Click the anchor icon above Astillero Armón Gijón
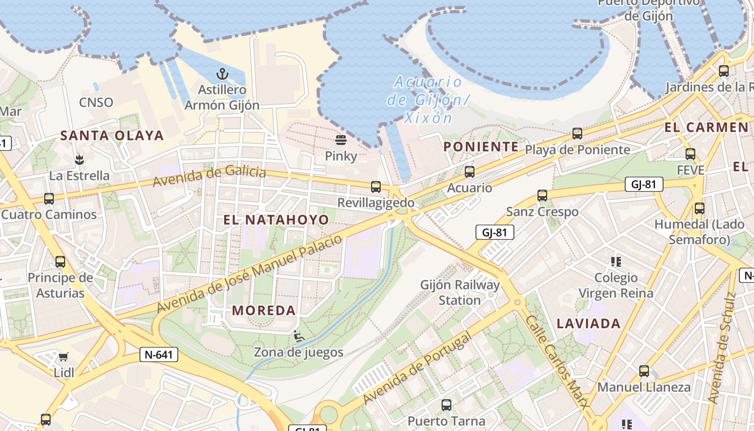(222, 74)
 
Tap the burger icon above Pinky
(340, 141)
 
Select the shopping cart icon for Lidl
(64, 357)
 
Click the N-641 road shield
(158, 354)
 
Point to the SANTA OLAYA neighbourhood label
(112, 135)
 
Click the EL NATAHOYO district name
(276, 220)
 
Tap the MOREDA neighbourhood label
(264, 310)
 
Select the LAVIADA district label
(589, 324)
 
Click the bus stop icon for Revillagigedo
(376, 187)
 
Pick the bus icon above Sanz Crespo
(542, 196)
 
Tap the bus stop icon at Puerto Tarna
(446, 405)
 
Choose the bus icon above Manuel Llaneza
(644, 371)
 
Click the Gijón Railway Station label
(460, 293)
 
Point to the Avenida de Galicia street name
(209, 176)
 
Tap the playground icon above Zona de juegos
(298, 337)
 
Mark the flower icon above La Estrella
(79, 159)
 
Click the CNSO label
(96, 102)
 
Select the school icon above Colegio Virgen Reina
(616, 262)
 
